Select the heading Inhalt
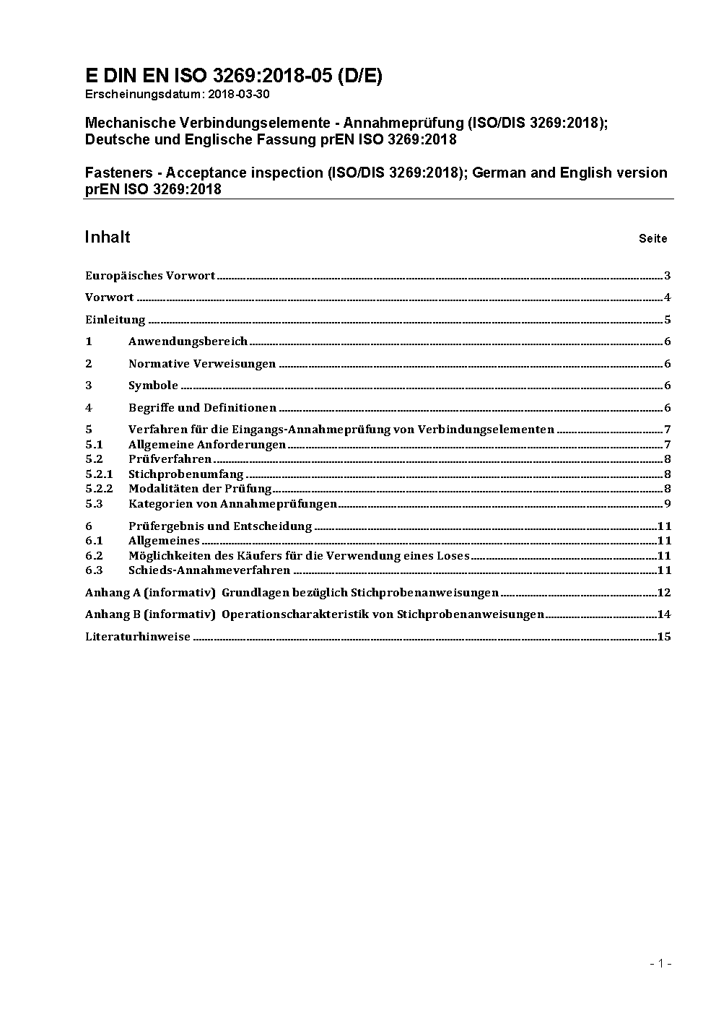tap(108, 237)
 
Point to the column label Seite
tap(652, 238)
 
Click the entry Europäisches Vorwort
tap(150, 276)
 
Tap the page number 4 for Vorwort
tap(668, 297)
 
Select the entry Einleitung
tap(115, 320)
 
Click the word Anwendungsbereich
tap(188, 342)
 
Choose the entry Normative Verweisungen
tap(202, 364)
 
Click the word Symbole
tap(153, 386)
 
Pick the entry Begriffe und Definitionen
tap(202, 408)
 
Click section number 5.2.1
tap(99, 474)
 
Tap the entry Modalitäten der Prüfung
tap(200, 489)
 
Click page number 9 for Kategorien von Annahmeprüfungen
tap(668, 504)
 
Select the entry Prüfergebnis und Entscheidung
tap(220, 526)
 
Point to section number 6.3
tap(94, 570)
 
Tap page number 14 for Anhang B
tap(664, 614)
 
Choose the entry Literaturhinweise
tap(138, 637)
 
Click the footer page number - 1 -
tap(660, 963)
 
